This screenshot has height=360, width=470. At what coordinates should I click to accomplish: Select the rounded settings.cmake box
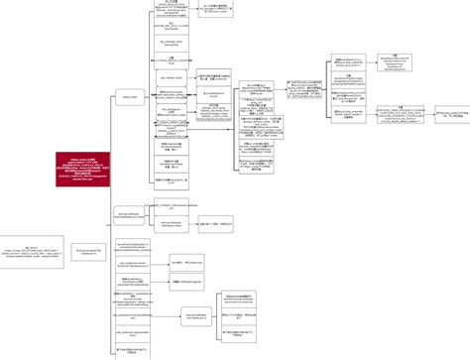[x=129, y=97]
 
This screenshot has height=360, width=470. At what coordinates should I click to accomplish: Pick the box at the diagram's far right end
[x=452, y=114]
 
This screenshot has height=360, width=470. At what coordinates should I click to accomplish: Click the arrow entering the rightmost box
[x=429, y=114]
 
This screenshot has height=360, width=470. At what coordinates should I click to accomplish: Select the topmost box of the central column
[x=171, y=9]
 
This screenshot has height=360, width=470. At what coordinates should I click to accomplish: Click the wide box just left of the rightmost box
[x=396, y=114]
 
